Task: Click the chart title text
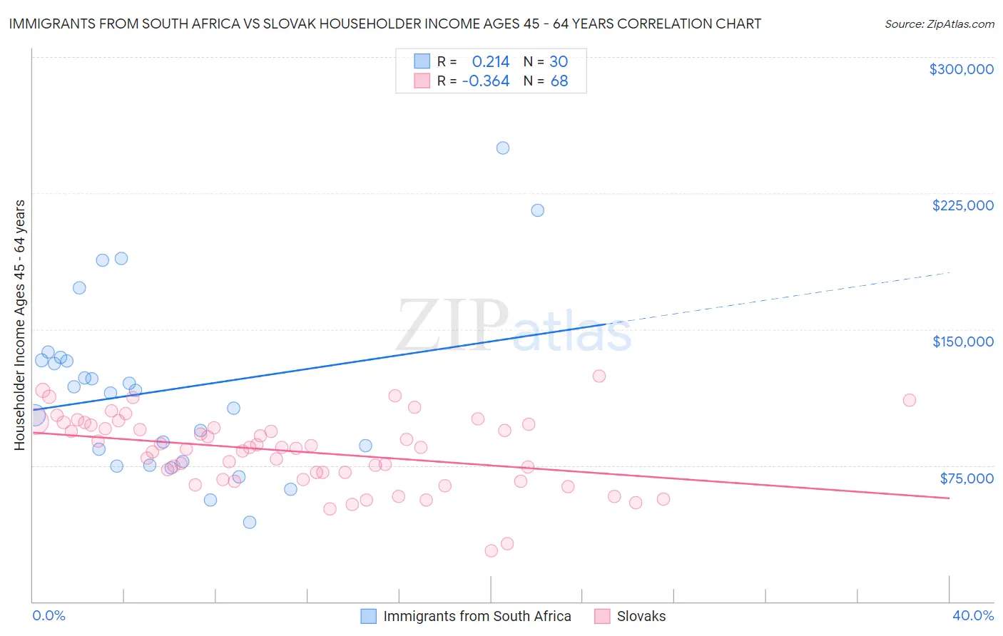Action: tap(385, 24)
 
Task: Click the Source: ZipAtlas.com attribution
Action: tap(939, 24)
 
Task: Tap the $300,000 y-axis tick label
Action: tap(961, 69)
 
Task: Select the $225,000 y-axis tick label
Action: tap(962, 205)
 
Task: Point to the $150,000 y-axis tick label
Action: tap(962, 342)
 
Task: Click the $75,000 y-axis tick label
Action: tap(966, 478)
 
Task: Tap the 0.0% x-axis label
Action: tap(49, 615)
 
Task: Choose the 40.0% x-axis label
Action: tap(972, 615)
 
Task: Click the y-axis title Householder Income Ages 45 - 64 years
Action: tap(19, 325)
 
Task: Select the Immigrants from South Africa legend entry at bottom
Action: tap(477, 616)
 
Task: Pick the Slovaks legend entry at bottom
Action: tap(641, 616)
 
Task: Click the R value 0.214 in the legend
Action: tap(491, 62)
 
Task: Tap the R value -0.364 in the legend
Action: tap(486, 81)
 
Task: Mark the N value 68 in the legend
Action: tap(559, 81)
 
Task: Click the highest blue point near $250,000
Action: tap(503, 148)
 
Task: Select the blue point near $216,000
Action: tap(538, 210)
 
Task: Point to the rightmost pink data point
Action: tap(910, 400)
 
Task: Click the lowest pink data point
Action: tap(491, 551)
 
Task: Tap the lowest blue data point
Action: tap(250, 523)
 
